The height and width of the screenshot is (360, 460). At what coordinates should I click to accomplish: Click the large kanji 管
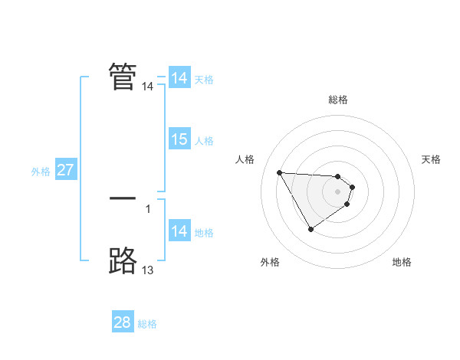coord(123,76)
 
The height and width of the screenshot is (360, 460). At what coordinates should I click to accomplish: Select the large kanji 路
coord(123,261)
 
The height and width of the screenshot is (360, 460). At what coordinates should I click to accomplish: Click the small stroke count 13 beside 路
coord(147,270)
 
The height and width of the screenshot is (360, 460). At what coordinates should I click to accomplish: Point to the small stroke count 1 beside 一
coord(147,208)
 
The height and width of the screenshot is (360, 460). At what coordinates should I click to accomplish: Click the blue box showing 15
coord(179,139)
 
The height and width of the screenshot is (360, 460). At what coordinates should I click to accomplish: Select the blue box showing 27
coord(65,170)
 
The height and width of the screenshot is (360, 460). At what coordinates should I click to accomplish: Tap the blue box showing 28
coord(122,322)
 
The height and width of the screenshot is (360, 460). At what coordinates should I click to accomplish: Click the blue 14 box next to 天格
coord(179,78)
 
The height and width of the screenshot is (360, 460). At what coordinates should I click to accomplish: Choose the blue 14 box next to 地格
coord(179,232)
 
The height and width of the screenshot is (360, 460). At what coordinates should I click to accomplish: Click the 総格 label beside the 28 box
coord(147,324)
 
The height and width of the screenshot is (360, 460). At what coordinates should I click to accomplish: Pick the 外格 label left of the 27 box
coord(41,172)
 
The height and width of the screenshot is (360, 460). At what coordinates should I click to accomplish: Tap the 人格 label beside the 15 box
coord(204,141)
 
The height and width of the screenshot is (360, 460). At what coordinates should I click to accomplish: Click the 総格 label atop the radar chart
coord(338,100)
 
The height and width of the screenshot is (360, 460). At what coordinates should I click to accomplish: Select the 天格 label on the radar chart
coord(432,159)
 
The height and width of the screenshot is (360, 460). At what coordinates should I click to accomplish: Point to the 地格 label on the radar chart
coord(402,262)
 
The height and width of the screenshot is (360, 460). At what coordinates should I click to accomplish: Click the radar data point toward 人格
coord(279,172)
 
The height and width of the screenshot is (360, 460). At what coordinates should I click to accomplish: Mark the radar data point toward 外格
coord(310,228)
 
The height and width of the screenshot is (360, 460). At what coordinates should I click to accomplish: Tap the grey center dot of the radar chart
coord(338,191)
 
